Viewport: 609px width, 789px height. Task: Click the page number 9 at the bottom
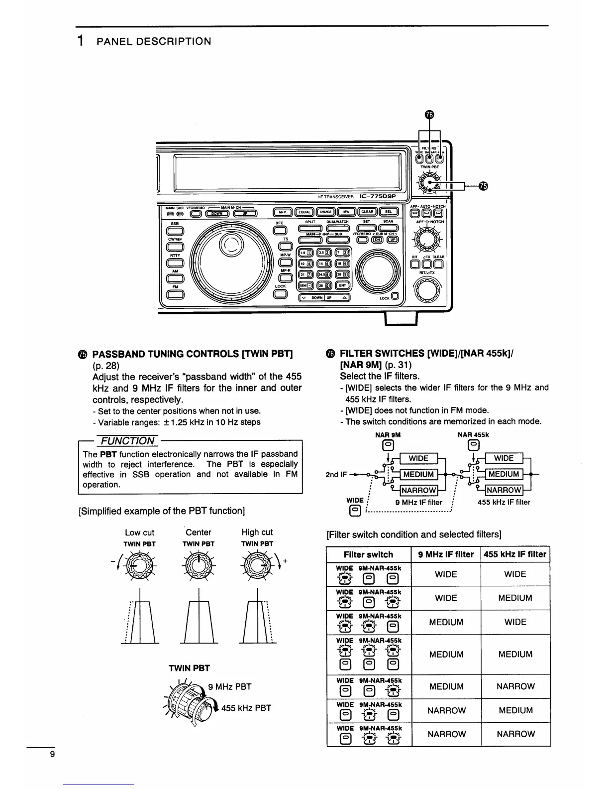pyautogui.click(x=52, y=754)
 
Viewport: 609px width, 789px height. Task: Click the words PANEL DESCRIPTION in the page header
pyautogui.click(x=154, y=41)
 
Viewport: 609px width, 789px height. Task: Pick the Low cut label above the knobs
pyautogui.click(x=139, y=532)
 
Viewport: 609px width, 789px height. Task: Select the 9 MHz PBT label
pyautogui.click(x=230, y=687)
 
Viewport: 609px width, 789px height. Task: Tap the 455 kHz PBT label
pyautogui.click(x=246, y=708)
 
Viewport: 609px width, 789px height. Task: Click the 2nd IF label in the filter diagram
pyautogui.click(x=336, y=474)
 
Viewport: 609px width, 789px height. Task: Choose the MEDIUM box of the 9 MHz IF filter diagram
pyautogui.click(x=418, y=474)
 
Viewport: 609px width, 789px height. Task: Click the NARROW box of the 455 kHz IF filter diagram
pyautogui.click(x=504, y=490)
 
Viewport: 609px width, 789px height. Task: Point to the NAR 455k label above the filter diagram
pyautogui.click(x=473, y=434)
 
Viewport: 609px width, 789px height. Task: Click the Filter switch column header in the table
pyautogui.click(x=368, y=554)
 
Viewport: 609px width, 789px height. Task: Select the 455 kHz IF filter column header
pyautogui.click(x=515, y=554)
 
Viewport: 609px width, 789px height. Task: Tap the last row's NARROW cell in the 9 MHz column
pyautogui.click(x=446, y=734)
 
